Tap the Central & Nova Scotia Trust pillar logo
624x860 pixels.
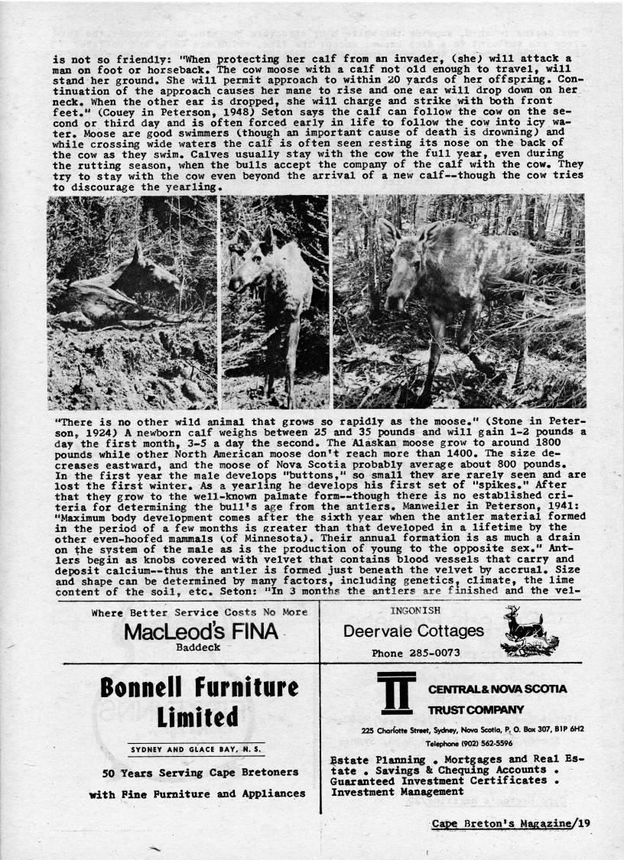coord(396,693)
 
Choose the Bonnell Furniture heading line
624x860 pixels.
coord(199,689)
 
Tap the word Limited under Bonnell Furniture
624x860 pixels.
coord(198,718)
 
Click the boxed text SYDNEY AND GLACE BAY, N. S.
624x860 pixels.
coord(198,749)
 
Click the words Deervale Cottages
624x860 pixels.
coord(414,631)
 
